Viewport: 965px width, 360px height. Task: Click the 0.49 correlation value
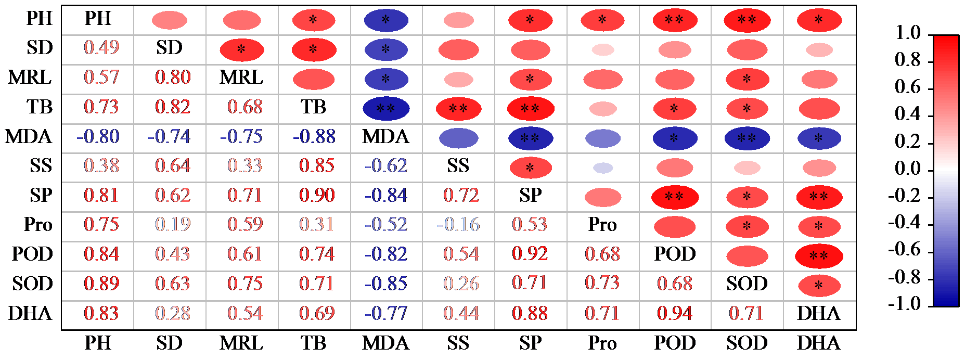(x=101, y=48)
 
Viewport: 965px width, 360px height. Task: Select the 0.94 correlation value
(x=675, y=313)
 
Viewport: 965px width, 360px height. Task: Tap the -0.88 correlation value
(x=314, y=137)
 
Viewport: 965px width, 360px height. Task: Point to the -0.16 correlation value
(x=458, y=225)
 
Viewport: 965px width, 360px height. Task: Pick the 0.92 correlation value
(x=530, y=254)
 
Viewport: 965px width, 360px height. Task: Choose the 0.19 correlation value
(x=173, y=225)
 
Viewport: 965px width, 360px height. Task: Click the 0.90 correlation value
(x=317, y=196)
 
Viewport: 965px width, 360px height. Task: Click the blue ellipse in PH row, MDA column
(x=386, y=20)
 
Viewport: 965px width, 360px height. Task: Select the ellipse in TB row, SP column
(x=530, y=109)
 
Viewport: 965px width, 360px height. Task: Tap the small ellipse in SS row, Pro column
(x=603, y=168)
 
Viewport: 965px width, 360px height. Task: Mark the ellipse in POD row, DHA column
(x=819, y=256)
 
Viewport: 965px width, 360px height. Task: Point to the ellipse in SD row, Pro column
(x=603, y=50)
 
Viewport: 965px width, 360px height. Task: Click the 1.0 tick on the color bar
(x=908, y=33)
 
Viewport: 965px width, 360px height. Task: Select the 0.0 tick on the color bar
(x=908, y=169)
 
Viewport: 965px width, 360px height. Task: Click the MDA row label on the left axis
(x=29, y=137)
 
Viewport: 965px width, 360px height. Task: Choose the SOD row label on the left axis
(x=32, y=284)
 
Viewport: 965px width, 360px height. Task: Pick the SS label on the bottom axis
(x=458, y=343)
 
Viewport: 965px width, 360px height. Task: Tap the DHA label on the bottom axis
(x=819, y=343)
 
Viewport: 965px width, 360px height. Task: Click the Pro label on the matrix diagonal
(x=602, y=225)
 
